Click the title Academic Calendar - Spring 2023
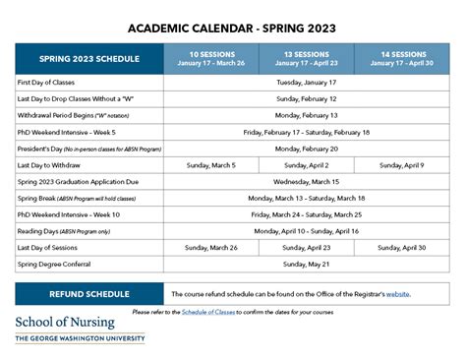pyautogui.click(x=233, y=28)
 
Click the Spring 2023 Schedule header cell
pyautogui.click(x=88, y=59)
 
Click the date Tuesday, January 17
pyautogui.click(x=307, y=84)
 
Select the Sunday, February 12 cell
pyautogui.click(x=307, y=99)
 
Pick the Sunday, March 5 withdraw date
pyautogui.click(x=211, y=165)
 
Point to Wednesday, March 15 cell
pyautogui.click(x=307, y=182)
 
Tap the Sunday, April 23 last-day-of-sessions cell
pyautogui.click(x=306, y=248)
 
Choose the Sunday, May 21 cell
pyautogui.click(x=307, y=264)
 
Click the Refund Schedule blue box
pyautogui.click(x=88, y=293)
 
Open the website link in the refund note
pyautogui.click(x=398, y=294)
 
